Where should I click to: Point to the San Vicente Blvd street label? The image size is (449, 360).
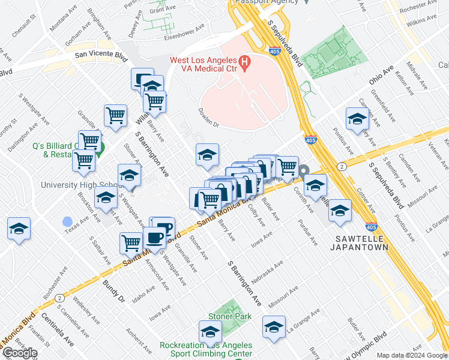click(101, 54)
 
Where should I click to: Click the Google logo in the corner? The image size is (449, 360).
click(20, 353)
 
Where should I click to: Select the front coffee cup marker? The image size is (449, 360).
click(155, 238)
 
